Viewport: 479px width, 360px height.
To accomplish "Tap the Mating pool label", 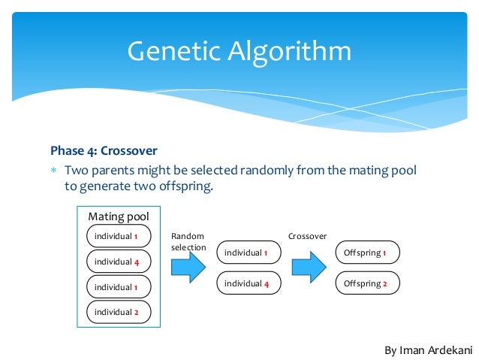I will [x=119, y=216].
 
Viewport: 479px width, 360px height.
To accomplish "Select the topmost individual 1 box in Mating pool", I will [x=119, y=236].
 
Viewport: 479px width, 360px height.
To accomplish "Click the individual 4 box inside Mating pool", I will [x=119, y=262].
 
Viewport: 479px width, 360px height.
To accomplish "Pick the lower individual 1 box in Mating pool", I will [x=119, y=286].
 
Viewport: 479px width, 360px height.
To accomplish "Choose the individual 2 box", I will [x=119, y=312].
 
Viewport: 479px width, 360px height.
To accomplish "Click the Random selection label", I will [x=188, y=241].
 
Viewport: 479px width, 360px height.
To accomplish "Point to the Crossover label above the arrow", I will [x=307, y=236].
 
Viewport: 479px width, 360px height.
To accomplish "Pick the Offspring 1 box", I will [x=366, y=253].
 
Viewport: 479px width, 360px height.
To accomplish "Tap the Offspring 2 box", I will [x=366, y=283].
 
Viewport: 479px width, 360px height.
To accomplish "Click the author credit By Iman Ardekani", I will [x=428, y=349].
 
